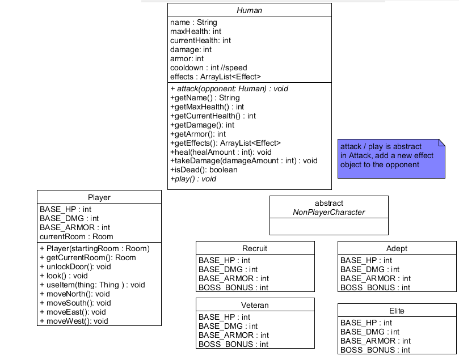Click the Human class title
coord(249,10)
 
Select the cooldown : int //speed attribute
coord(208,67)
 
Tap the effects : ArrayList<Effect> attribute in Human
coord(215,77)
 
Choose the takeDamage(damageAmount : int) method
coord(243,160)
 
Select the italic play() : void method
coord(193,179)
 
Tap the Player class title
coord(99,197)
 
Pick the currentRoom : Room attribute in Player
coord(76,236)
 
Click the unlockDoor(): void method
coord(75,266)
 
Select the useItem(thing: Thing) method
coord(92,285)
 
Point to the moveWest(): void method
coord(73,321)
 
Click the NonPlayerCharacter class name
coord(329,212)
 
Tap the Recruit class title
coord(255,248)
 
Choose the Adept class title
coord(397,248)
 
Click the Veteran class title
coord(255,305)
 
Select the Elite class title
coord(397,311)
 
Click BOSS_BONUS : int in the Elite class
coord(375,350)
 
